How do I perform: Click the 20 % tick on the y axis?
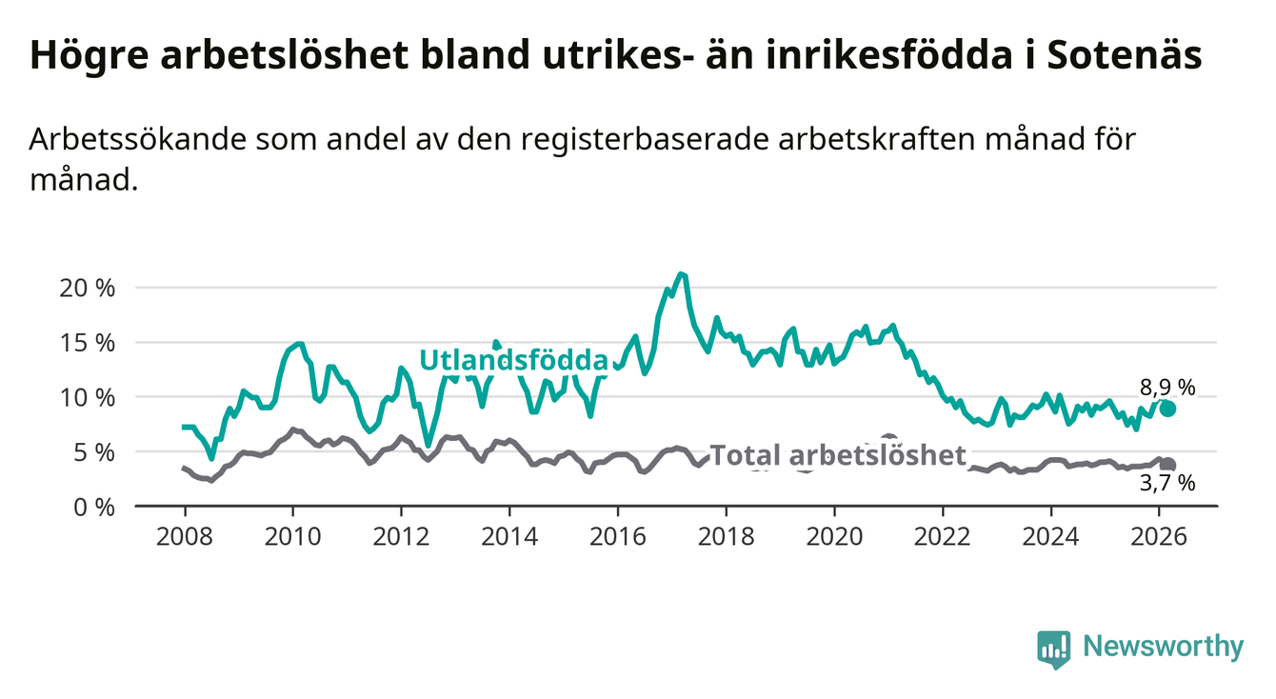tap(87, 288)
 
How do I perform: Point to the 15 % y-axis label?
tap(87, 342)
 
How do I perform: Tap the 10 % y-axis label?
tap(87, 397)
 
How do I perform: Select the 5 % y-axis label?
tap(93, 451)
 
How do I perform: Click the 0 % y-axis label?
tap(93, 507)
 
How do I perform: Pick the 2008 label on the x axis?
tap(183, 536)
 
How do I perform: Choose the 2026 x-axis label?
tap(1160, 536)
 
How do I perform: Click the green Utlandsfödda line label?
tap(514, 360)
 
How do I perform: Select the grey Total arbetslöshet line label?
tap(838, 455)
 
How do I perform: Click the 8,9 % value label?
tap(1167, 387)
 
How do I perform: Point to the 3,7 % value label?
tap(1167, 484)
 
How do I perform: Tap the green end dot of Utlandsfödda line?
tap(1167, 409)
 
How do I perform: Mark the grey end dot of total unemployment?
tap(1167, 465)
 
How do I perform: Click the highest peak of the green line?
tap(680, 274)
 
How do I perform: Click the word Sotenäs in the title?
tap(1124, 55)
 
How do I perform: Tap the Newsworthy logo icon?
tap(1053, 649)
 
